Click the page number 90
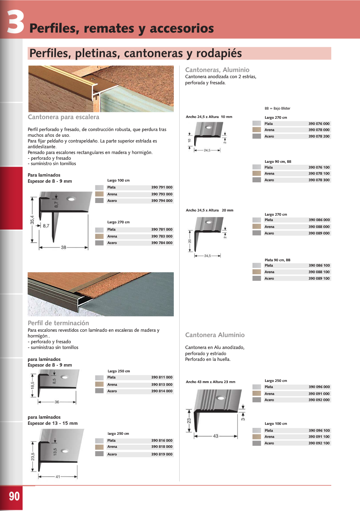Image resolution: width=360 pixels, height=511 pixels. click(14, 496)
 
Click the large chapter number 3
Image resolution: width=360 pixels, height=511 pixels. click(16, 22)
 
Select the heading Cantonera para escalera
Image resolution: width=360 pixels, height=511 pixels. click(64, 117)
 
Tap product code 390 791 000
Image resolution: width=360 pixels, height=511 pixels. click(162, 187)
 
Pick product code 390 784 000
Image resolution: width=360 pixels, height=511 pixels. click(162, 243)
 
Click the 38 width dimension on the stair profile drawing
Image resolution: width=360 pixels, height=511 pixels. click(64, 247)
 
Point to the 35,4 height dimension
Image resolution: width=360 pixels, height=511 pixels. click(33, 219)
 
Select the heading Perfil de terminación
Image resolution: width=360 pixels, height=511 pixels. click(58, 323)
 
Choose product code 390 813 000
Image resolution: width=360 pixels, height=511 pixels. click(162, 385)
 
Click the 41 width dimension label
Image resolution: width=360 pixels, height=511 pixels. click(58, 477)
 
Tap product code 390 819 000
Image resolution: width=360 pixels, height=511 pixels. click(162, 454)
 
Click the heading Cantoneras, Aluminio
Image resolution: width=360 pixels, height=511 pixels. click(217, 70)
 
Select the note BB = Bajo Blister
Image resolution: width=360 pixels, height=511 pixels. click(278, 108)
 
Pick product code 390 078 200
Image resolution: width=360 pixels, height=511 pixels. click(319, 136)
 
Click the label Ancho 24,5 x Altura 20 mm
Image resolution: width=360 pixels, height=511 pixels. click(209, 210)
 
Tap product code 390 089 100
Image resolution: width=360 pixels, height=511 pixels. click(319, 278)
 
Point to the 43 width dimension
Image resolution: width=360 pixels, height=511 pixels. click(216, 436)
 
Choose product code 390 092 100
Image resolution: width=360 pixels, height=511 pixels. click(319, 443)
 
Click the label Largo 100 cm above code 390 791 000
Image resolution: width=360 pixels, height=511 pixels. click(118, 180)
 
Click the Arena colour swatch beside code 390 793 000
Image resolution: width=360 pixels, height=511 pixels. click(100, 194)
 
